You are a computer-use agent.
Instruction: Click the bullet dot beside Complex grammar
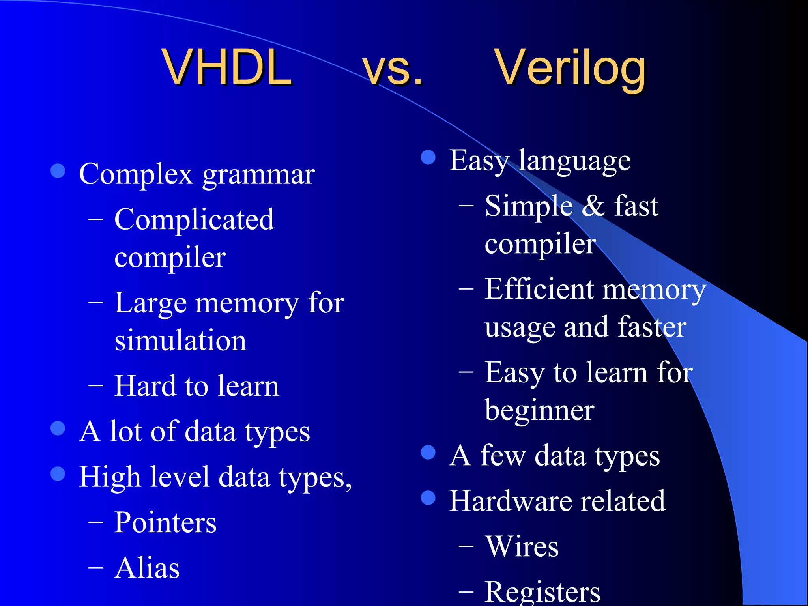click(58, 171)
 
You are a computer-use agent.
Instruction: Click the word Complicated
click(194, 219)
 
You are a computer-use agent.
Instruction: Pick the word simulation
click(180, 340)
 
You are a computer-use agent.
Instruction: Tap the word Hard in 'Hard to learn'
click(144, 386)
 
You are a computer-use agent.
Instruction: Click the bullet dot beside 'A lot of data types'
click(58, 428)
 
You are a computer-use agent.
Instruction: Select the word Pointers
click(165, 522)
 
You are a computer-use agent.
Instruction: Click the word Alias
click(147, 568)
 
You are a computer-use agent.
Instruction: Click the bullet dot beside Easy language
click(428, 157)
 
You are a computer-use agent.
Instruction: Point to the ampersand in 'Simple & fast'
click(593, 206)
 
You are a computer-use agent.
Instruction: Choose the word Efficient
click(539, 289)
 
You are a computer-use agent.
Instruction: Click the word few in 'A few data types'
click(503, 456)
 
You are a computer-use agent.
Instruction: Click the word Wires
click(522, 546)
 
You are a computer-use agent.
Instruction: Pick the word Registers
click(542, 592)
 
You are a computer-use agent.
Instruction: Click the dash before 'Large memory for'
click(96, 303)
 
